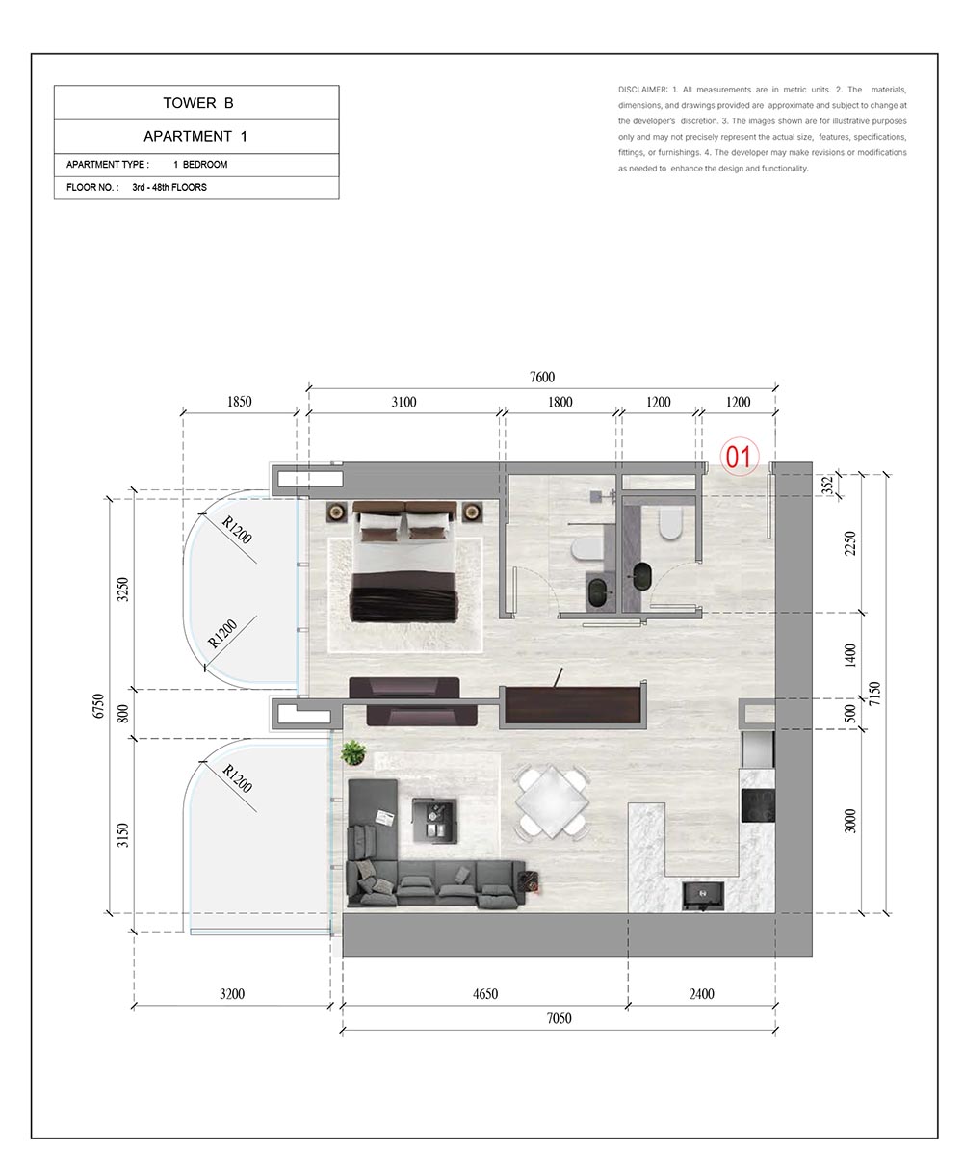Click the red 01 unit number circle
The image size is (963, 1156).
click(739, 458)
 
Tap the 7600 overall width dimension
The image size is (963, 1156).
click(541, 377)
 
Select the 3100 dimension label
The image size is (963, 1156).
click(403, 403)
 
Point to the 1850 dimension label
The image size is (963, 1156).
click(239, 402)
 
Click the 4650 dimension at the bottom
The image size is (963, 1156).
click(484, 994)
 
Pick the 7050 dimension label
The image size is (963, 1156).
click(559, 1018)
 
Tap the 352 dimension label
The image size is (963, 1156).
click(826, 485)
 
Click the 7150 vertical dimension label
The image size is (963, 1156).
click(873, 694)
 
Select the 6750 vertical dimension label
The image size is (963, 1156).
click(98, 706)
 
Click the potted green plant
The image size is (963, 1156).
click(353, 752)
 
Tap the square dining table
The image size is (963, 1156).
click(552, 801)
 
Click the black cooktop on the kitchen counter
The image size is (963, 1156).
click(758, 805)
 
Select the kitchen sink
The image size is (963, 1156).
click(702, 896)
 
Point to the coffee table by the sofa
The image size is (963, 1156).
click(434, 821)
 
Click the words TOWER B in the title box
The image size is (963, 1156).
click(197, 103)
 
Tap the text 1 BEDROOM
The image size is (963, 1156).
click(199, 165)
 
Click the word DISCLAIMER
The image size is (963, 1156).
click(642, 90)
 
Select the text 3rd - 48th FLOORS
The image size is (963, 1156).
click(169, 187)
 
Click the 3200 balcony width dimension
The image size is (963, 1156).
click(231, 994)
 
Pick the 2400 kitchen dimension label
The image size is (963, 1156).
click(701, 994)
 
